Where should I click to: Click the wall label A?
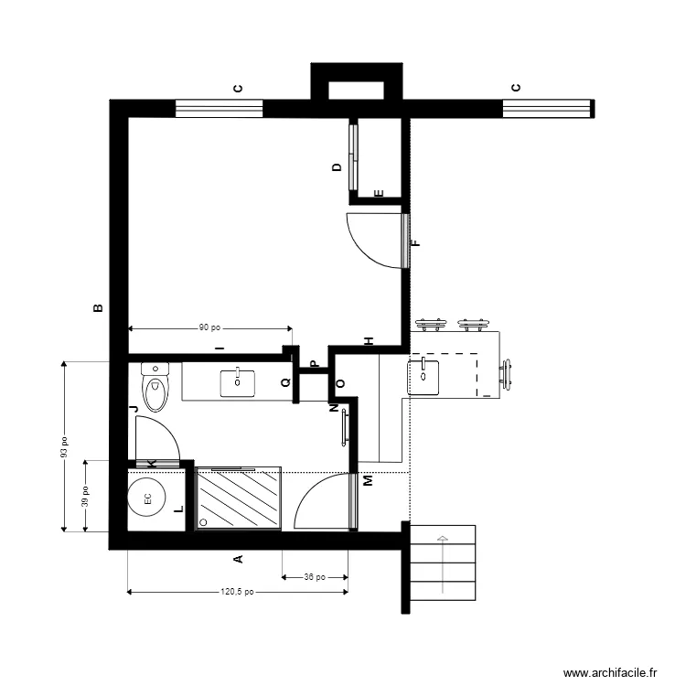pyautogui.click(x=238, y=559)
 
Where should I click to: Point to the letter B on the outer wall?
pyautogui.click(x=99, y=308)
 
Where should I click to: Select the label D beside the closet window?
pyautogui.click(x=337, y=166)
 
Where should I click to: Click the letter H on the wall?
pyautogui.click(x=370, y=341)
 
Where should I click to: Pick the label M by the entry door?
pyautogui.click(x=368, y=480)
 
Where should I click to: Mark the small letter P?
pyautogui.click(x=314, y=364)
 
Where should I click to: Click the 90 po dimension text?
pyautogui.click(x=210, y=327)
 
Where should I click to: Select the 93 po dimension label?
pyautogui.click(x=65, y=446)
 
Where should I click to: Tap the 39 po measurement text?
pyautogui.click(x=85, y=497)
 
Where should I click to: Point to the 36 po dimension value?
pyautogui.click(x=315, y=577)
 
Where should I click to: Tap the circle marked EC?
pyautogui.click(x=147, y=499)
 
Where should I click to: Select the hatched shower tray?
pyautogui.click(x=239, y=498)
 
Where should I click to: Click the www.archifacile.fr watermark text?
pyautogui.click(x=610, y=672)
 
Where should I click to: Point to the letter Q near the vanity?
pyautogui.click(x=285, y=382)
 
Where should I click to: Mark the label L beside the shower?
pyautogui.click(x=179, y=509)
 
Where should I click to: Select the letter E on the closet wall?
pyautogui.click(x=380, y=193)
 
